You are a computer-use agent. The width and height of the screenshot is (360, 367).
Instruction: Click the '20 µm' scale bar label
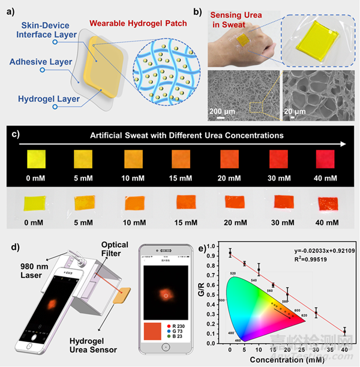(296, 112)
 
